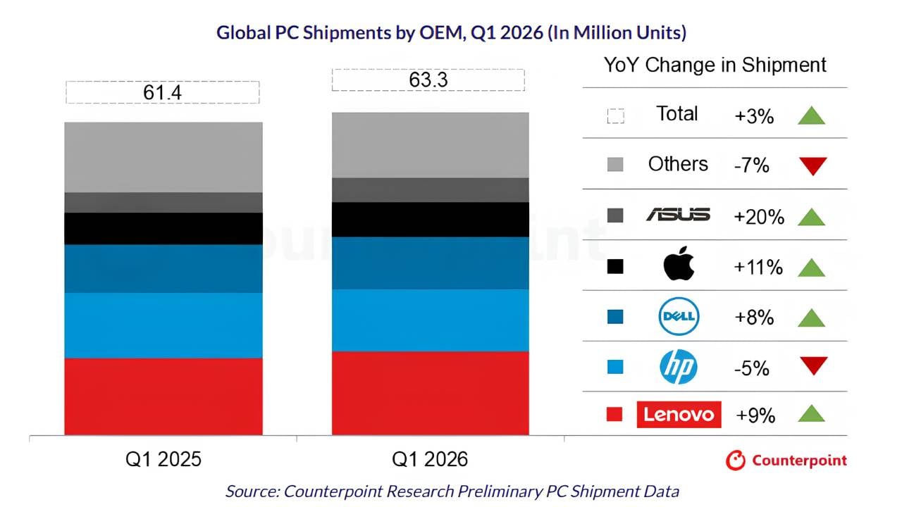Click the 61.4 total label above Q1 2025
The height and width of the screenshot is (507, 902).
[x=163, y=92]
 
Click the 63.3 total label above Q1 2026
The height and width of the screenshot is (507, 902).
[x=428, y=80]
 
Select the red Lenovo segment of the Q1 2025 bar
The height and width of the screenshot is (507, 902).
[x=163, y=396]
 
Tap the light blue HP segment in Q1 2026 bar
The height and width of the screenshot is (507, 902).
[x=431, y=320]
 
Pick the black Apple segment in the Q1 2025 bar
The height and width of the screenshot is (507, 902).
[x=163, y=228]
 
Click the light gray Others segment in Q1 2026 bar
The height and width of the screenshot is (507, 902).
[x=431, y=145]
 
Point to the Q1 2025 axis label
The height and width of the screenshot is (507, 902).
[x=163, y=460]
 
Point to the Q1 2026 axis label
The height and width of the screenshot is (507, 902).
[x=430, y=460]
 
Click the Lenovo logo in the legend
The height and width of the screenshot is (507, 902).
[x=679, y=414]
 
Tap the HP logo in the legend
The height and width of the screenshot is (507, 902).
[x=679, y=367]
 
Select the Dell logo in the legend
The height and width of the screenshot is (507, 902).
[x=679, y=317]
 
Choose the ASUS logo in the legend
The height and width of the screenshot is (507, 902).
[x=678, y=215]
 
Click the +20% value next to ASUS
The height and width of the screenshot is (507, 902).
[x=759, y=217]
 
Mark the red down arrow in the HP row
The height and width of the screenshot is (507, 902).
[x=813, y=366]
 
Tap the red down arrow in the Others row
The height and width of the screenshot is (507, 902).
[x=813, y=166]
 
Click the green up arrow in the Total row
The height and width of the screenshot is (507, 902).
[x=812, y=115]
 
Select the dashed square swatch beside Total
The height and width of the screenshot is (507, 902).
[x=615, y=115]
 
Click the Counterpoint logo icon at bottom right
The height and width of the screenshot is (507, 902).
[x=736, y=461]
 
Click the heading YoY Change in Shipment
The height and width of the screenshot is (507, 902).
[x=715, y=65]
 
